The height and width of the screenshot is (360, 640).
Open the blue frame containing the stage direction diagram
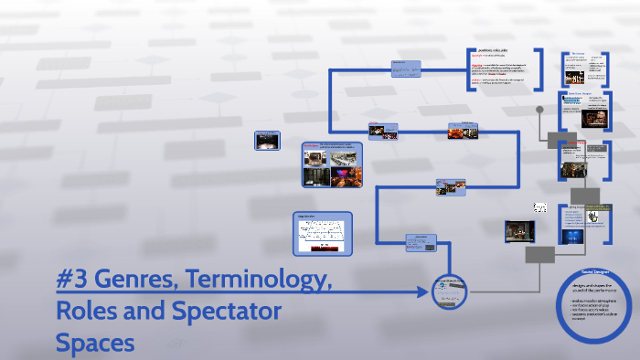pos(323,233)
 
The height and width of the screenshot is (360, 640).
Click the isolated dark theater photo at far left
pos(266,142)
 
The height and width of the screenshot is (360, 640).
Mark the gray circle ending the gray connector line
pos(540,110)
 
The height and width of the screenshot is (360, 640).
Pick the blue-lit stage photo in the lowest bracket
pos(572,234)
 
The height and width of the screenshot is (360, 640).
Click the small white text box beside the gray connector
pos(540,207)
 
